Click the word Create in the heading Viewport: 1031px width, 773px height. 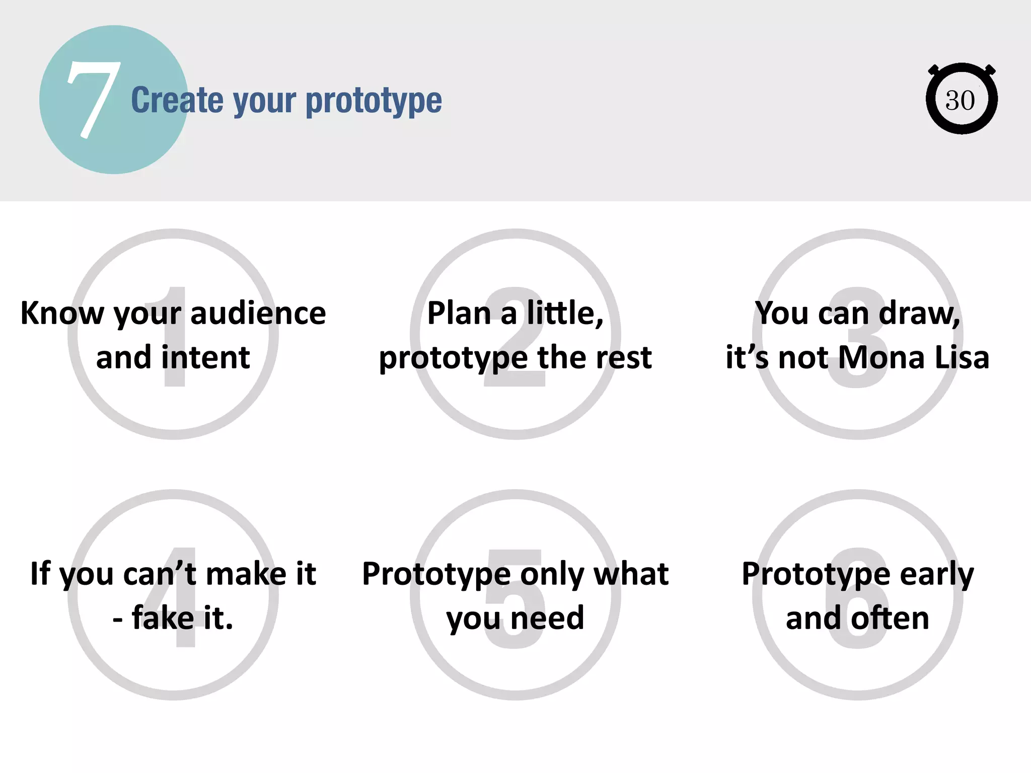click(x=177, y=101)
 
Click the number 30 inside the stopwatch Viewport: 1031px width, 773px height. click(x=960, y=101)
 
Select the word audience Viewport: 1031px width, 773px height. click(x=258, y=313)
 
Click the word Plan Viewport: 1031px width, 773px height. click(x=459, y=313)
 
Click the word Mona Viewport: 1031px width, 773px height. click(x=881, y=357)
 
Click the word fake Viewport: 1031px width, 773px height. click(x=163, y=618)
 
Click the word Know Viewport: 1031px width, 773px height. click(x=61, y=313)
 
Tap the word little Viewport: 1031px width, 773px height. click(x=564, y=313)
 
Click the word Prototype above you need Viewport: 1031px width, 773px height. click(x=436, y=574)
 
